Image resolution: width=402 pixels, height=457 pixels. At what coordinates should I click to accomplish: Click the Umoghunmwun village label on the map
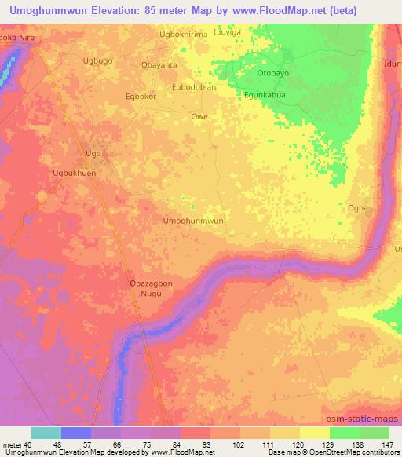click(193, 221)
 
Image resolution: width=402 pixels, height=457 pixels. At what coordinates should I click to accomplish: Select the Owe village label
click(200, 117)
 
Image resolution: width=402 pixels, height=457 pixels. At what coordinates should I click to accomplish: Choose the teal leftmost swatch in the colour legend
click(46, 433)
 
